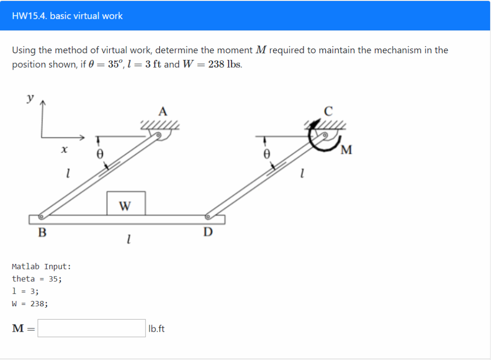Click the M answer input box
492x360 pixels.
click(92, 328)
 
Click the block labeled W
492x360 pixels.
click(125, 203)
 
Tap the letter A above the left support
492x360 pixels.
click(163, 112)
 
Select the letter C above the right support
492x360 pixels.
click(328, 112)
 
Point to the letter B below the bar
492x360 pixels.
click(43, 233)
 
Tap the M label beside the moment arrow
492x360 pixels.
click(346, 151)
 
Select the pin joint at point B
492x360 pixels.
click(41, 216)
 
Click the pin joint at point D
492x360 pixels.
click(208, 216)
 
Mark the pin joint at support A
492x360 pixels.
click(158, 135)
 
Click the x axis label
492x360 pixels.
click(63, 150)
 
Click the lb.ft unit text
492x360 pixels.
click(157, 329)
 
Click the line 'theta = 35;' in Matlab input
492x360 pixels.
click(37, 279)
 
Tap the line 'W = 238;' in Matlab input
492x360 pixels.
click(30, 303)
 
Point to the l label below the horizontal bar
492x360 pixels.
click(128, 238)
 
